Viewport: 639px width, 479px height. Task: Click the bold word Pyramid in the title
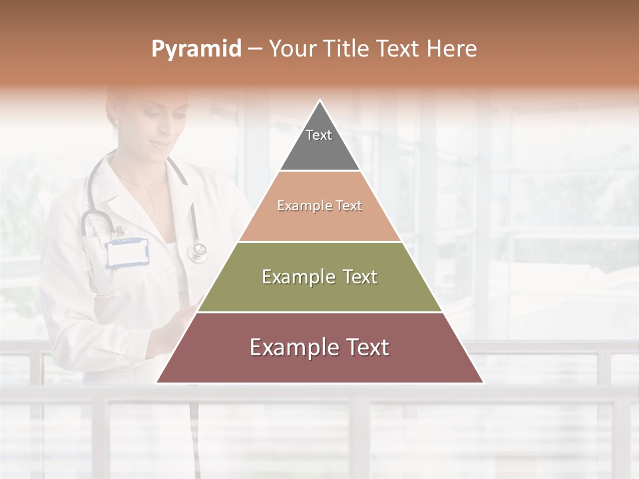coord(196,49)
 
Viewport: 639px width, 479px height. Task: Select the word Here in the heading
coord(453,49)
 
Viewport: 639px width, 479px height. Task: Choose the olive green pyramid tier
coord(319,293)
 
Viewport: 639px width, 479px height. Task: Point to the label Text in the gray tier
coord(319,135)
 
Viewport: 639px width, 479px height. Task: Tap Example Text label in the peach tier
coord(319,206)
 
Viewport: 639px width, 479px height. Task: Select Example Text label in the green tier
coord(319,277)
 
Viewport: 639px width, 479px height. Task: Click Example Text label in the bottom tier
coord(319,347)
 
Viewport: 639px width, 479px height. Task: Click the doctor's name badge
coord(127,253)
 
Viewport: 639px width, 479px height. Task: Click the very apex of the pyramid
coord(320,102)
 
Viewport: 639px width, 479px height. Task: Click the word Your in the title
coord(292,49)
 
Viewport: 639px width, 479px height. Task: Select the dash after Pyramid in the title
coord(255,49)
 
